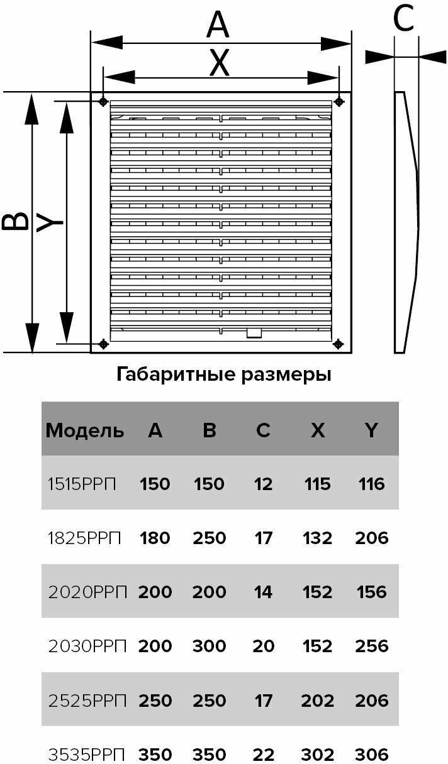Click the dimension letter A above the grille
218,26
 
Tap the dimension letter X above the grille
219,63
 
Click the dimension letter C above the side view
403,19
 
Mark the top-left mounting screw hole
103,101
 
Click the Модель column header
86,431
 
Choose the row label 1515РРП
84,484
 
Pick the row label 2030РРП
87,646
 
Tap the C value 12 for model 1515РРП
264,484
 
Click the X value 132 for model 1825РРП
318,538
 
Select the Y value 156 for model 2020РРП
372,592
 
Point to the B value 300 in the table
210,646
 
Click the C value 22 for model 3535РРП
264,754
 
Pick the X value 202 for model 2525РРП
318,700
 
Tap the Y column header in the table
372,431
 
